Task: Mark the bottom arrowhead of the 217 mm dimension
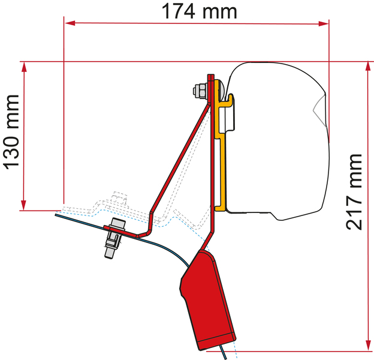click(x=366, y=344)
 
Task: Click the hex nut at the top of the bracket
click(x=198, y=91)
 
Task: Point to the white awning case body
click(x=276, y=138)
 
